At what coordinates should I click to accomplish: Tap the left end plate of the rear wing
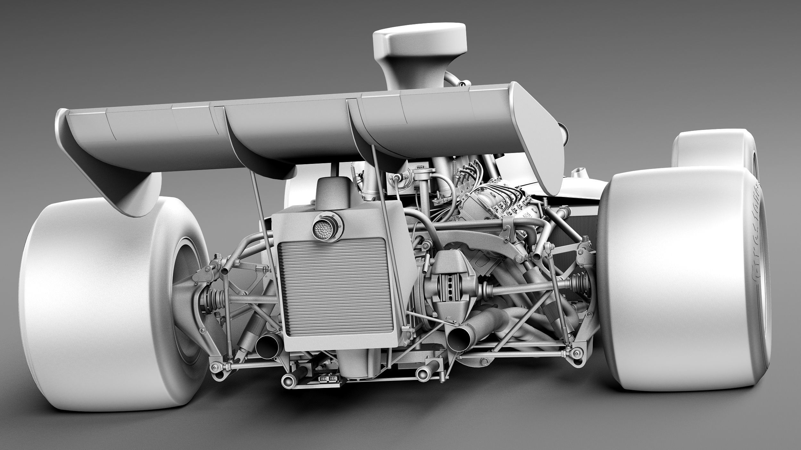pyautogui.click(x=106, y=160)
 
